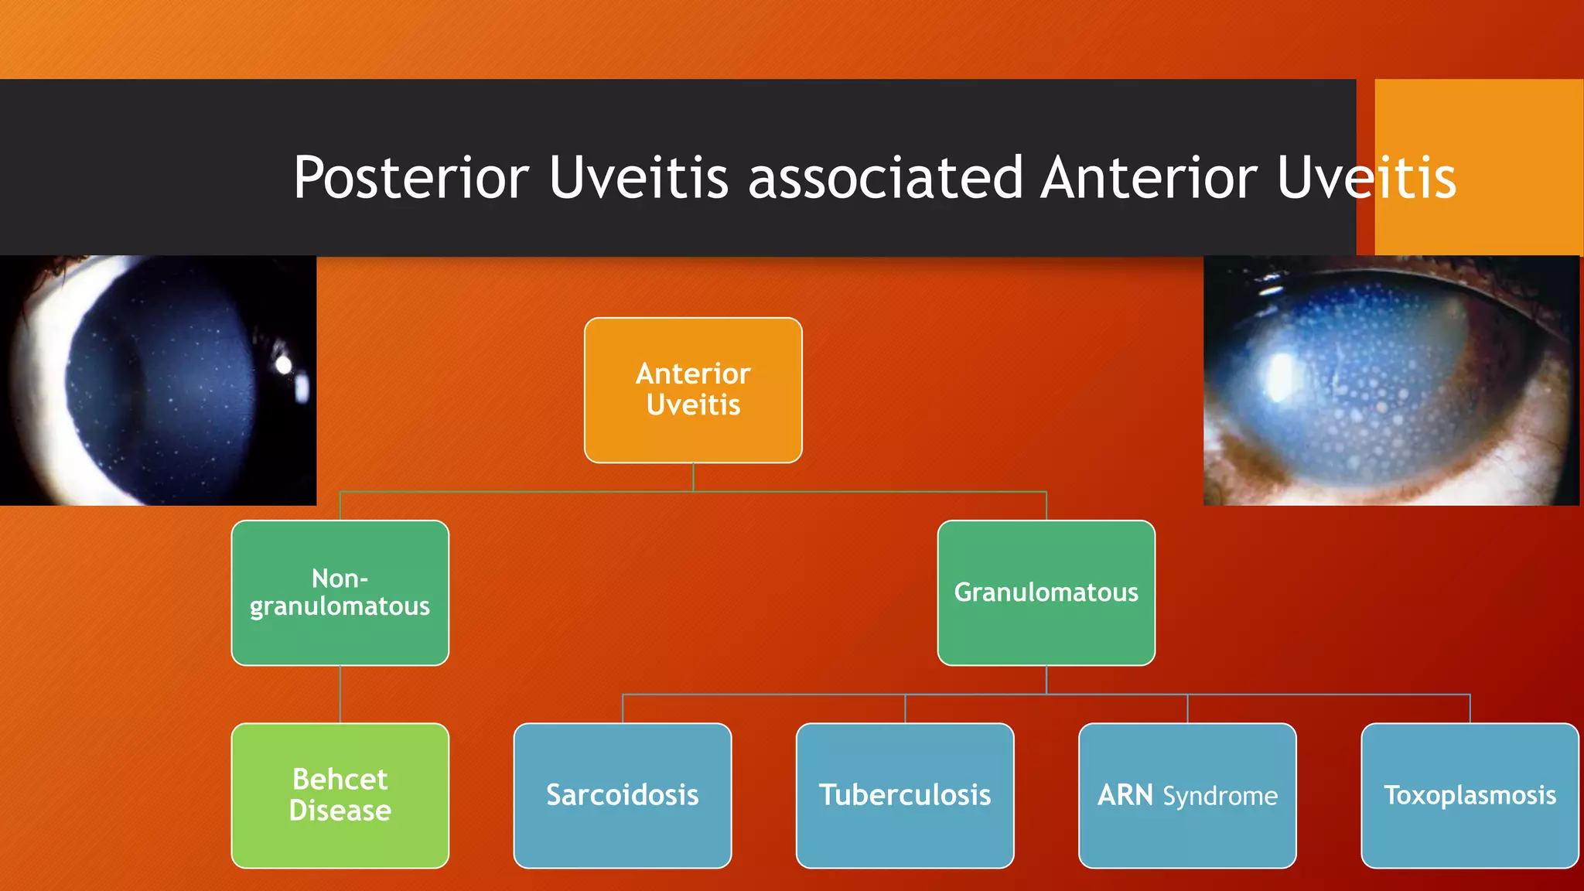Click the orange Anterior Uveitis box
(693, 390)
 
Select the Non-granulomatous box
(340, 592)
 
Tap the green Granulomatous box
(1046, 592)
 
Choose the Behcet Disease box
(340, 795)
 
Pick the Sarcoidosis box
(622, 795)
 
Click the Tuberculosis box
(905, 795)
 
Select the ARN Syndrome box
(1187, 795)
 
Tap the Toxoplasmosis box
(1470, 795)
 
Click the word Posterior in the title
(411, 179)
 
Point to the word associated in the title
(886, 179)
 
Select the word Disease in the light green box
(340, 811)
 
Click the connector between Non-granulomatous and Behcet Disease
(340, 694)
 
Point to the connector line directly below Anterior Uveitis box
(693, 476)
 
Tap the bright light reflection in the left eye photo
(284, 364)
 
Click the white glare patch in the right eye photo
(1280, 377)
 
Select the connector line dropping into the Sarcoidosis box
(623, 708)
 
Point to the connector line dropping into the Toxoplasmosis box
(1470, 708)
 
